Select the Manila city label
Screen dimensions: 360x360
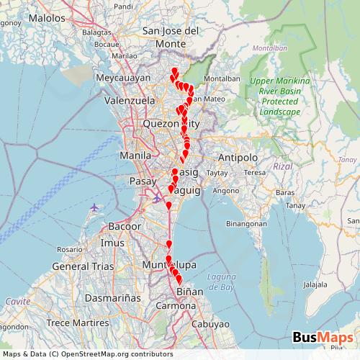click(x=135, y=155)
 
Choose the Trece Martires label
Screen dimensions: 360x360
click(x=72, y=322)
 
